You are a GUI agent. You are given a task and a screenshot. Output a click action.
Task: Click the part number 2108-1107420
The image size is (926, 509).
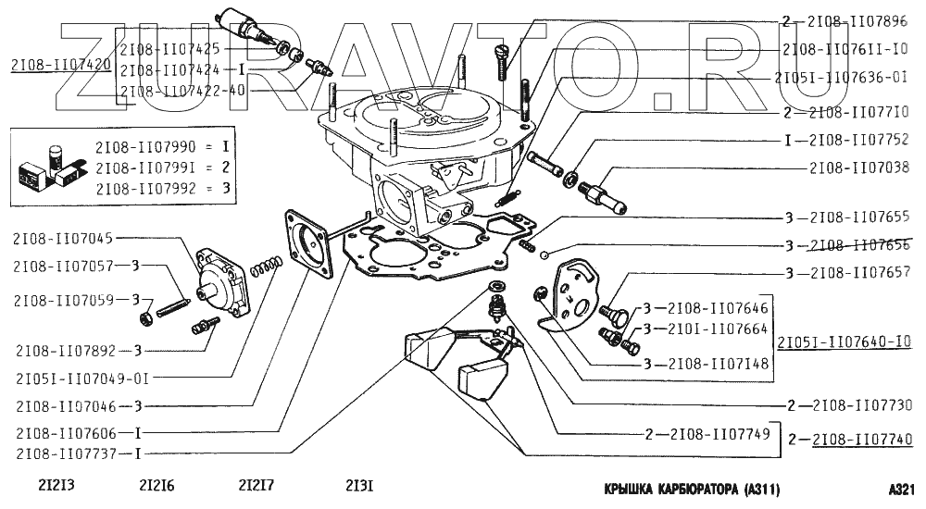click(61, 66)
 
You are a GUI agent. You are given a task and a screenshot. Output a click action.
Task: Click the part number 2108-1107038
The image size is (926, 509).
click(860, 169)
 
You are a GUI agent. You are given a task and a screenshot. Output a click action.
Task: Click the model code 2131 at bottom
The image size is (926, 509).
click(358, 486)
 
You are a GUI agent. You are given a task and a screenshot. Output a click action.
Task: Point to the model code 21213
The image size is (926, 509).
click(56, 486)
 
